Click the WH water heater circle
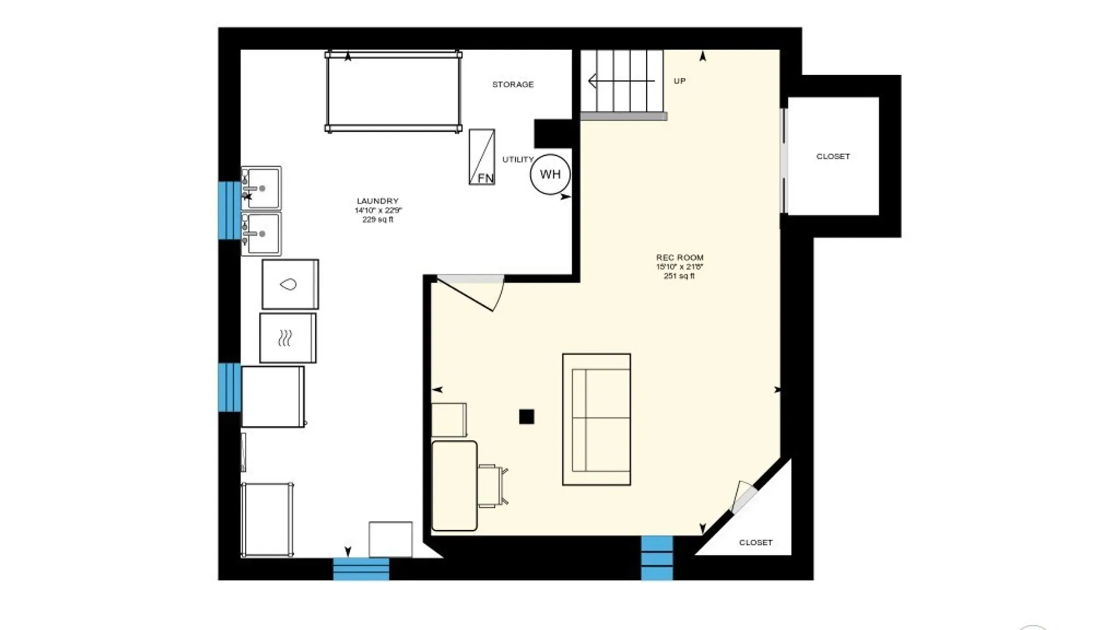[550, 174]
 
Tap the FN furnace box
[482, 157]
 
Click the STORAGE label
[513, 85]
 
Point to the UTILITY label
[518, 159]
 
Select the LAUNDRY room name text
[378, 201]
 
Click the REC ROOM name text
[680, 257]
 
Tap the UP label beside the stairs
[680, 81]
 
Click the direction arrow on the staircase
[621, 81]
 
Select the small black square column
[526, 416]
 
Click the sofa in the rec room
[596, 419]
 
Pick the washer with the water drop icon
[290, 284]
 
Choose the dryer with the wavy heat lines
[288, 338]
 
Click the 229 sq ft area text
[378, 220]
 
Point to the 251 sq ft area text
[680, 276]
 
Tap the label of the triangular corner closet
[756, 542]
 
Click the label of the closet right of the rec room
[833, 156]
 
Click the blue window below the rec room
[657, 558]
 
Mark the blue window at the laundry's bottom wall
[361, 569]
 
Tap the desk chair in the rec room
[492, 485]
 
